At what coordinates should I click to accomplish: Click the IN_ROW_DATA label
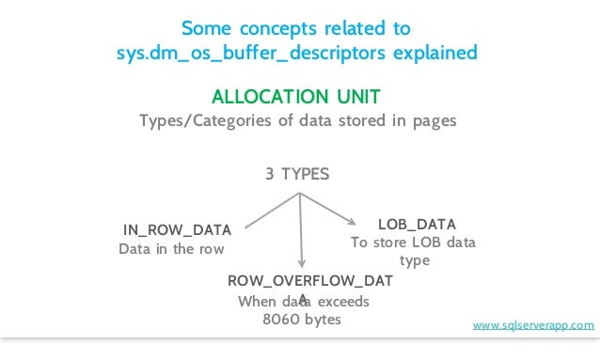pos(178,229)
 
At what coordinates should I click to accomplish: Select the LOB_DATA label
pos(417,224)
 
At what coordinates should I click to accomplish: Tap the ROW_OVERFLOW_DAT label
pos(311,281)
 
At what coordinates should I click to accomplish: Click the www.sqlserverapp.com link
pos(532,325)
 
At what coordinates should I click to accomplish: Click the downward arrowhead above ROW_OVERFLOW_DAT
pos(301,267)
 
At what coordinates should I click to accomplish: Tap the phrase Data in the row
pos(172,249)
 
